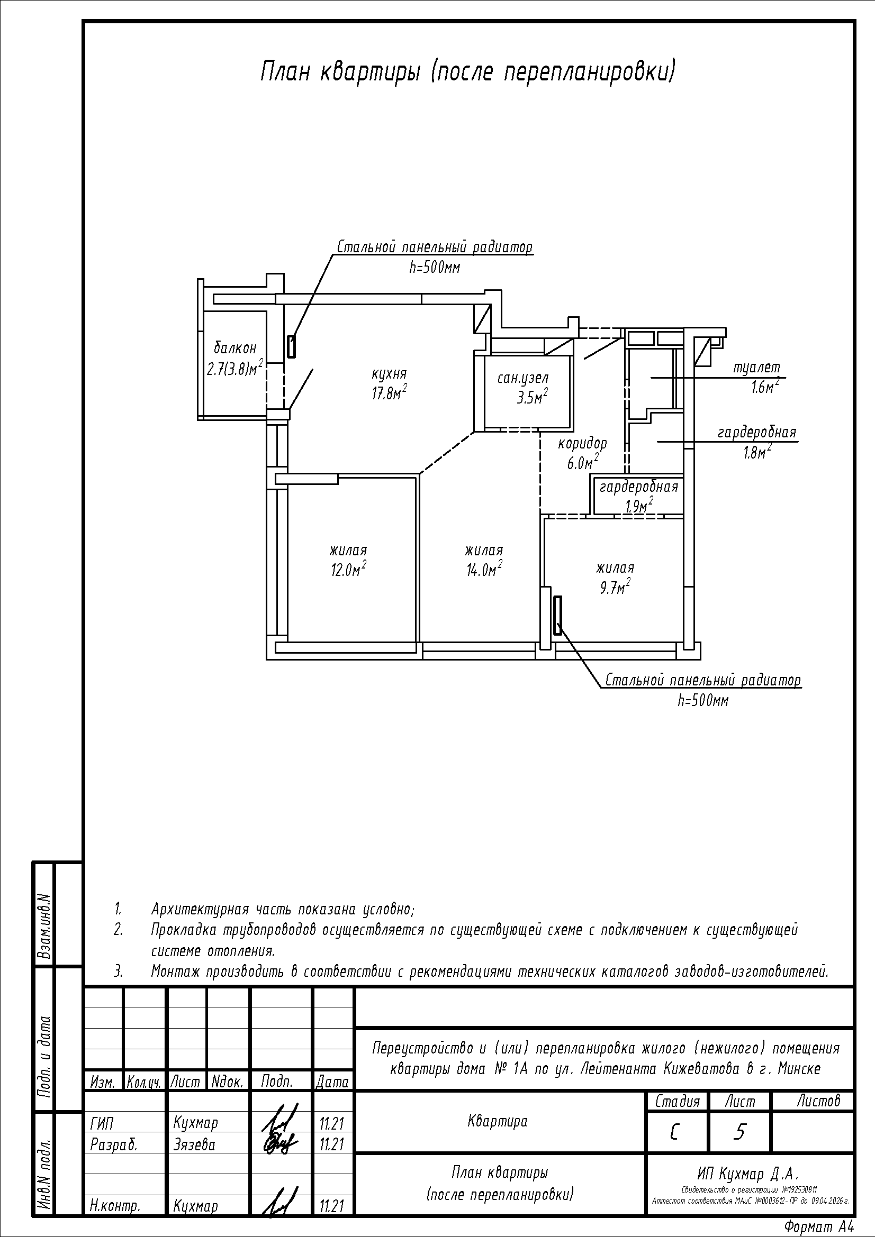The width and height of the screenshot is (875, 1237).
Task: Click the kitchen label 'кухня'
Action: (x=389, y=373)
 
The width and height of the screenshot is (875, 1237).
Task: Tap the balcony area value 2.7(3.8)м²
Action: (x=235, y=368)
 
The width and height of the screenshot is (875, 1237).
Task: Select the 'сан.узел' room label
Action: (x=522, y=378)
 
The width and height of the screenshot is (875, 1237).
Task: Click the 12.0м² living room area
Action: (x=349, y=569)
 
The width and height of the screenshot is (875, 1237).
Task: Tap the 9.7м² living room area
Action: (x=615, y=585)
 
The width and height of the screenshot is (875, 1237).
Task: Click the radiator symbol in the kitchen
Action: (x=291, y=346)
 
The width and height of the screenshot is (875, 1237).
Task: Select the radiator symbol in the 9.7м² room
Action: (x=558, y=615)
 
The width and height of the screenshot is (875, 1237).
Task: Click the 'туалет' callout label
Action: (x=756, y=368)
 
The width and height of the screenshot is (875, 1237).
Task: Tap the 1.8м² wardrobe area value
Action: (x=756, y=452)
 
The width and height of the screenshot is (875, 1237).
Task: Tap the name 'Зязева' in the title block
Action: (x=195, y=1144)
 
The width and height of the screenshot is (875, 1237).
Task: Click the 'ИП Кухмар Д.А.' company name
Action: (x=747, y=1174)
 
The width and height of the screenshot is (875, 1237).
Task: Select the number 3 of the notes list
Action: (x=118, y=972)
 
